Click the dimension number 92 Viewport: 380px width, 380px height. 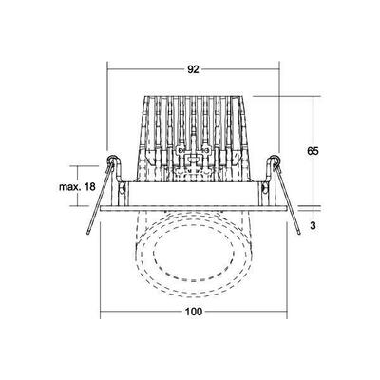(x=194, y=69)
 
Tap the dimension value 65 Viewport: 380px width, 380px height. (x=325, y=148)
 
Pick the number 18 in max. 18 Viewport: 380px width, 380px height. (x=89, y=187)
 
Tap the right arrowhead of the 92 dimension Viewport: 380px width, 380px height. (x=279, y=69)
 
